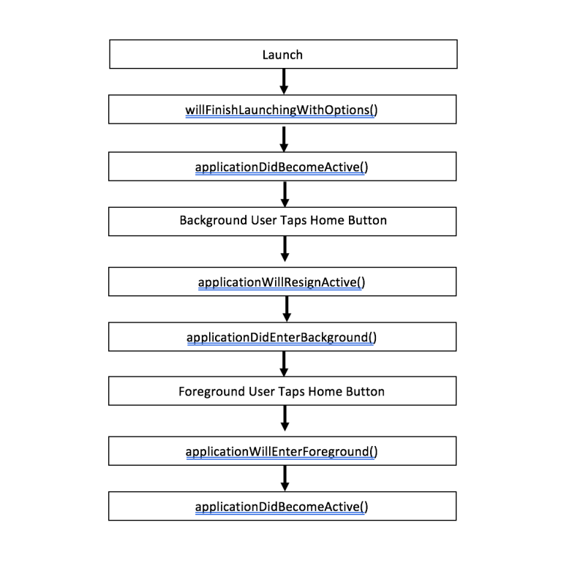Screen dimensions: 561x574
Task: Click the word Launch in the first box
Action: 282,55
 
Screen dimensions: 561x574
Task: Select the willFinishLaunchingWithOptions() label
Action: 282,110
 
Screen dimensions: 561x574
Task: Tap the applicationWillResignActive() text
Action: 282,282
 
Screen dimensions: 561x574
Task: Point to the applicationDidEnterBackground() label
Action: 282,338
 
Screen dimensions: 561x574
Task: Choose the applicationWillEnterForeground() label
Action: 282,452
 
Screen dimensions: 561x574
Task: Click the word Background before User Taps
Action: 213,221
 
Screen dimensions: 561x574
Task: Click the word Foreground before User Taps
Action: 211,392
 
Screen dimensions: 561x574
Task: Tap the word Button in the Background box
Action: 367,220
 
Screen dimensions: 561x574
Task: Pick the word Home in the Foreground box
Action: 325,392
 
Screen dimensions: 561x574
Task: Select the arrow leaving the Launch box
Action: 284,81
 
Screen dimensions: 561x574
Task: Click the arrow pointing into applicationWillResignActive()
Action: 285,249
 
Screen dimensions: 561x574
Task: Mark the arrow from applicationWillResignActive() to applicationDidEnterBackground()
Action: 287,309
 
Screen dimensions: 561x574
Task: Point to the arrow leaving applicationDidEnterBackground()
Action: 284,364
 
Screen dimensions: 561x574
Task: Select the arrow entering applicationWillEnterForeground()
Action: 285,418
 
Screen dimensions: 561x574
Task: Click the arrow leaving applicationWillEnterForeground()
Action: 285,478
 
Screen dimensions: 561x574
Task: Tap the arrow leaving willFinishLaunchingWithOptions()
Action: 284,139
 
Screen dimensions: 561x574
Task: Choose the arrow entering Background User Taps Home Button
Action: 285,195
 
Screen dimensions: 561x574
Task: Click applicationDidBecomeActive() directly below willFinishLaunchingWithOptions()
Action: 282,167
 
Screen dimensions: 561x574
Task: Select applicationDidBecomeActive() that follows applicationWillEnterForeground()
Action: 282,507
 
